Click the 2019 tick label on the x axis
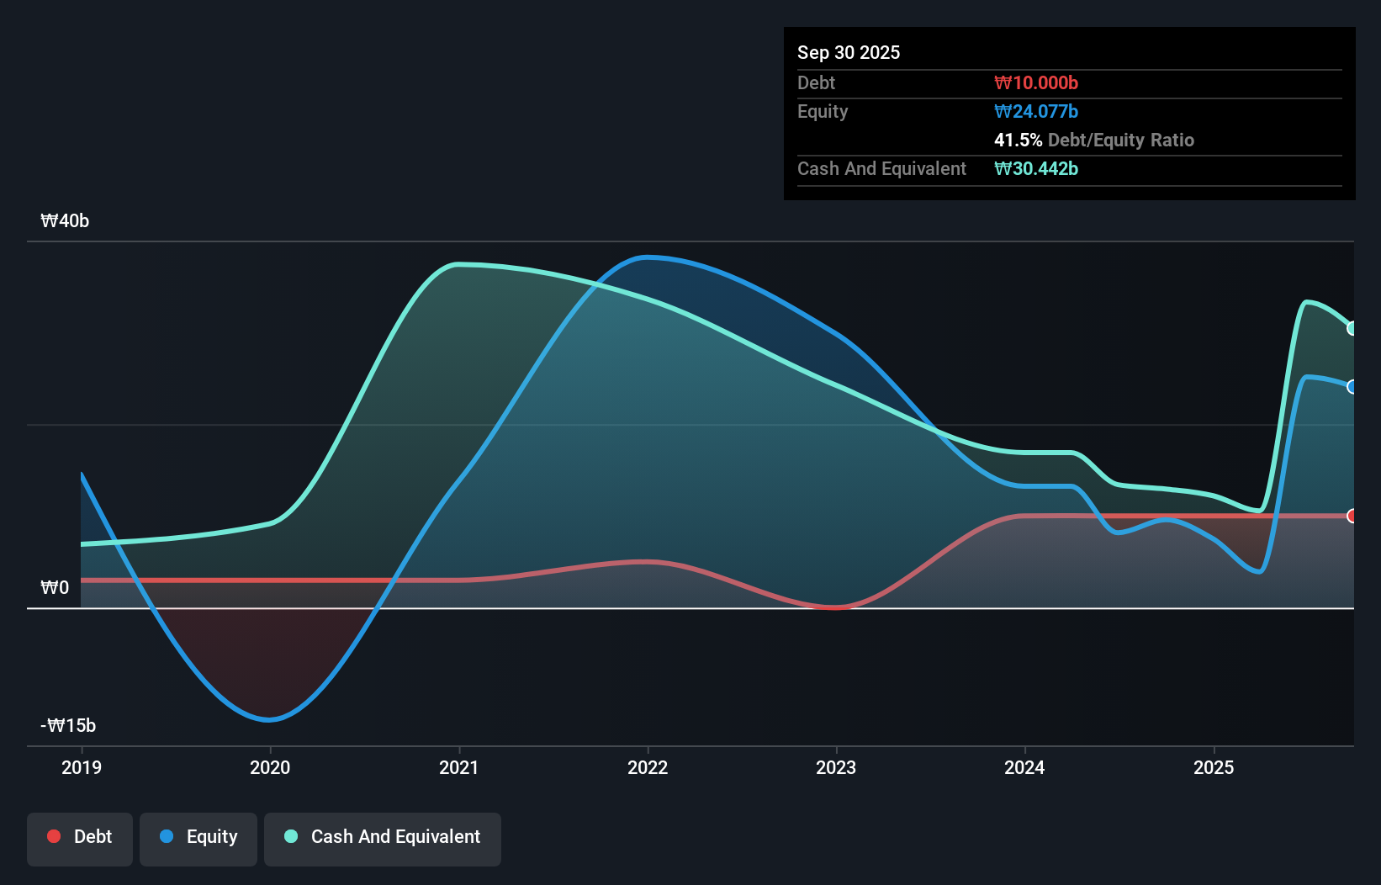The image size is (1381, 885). (82, 767)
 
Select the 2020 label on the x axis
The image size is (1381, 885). (270, 767)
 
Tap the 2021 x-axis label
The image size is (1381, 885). (459, 767)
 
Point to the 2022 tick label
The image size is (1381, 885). (648, 767)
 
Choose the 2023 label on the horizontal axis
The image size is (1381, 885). (836, 767)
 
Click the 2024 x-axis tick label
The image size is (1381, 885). (1024, 767)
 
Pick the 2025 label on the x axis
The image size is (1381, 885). (1214, 767)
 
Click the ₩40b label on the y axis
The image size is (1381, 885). (65, 221)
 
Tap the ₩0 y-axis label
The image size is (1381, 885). (55, 587)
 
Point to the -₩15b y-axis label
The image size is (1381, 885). (68, 725)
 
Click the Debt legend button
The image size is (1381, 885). (80, 837)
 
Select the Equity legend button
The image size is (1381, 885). (198, 837)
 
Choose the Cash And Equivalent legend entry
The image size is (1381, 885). (383, 837)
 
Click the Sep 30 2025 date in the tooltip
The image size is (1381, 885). (848, 52)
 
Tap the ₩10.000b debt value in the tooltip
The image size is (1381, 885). (1035, 82)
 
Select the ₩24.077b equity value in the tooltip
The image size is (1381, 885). (1035, 111)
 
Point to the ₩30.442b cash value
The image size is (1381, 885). (1035, 168)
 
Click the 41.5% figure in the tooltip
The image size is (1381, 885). (1018, 140)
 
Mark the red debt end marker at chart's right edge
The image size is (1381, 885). (1352, 516)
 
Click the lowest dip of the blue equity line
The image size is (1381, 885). (269, 719)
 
